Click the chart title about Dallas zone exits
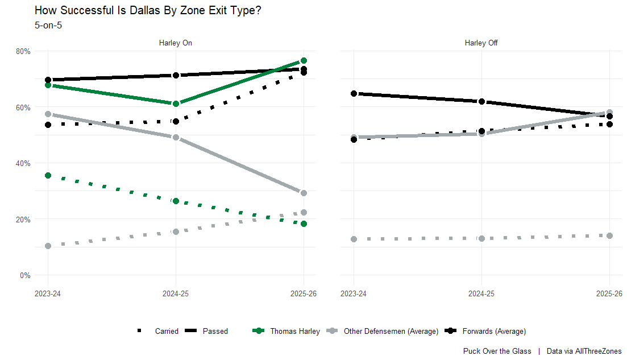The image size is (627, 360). point(148,10)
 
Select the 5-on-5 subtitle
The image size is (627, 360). point(48,25)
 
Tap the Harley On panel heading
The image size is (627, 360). point(175,43)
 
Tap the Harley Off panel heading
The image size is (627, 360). point(481,43)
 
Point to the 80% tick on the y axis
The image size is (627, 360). point(23,51)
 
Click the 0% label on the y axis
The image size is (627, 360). point(25,275)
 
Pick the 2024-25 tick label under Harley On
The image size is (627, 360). point(176,294)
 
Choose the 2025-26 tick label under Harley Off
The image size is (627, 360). point(609,294)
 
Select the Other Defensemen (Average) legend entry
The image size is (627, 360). point(391,331)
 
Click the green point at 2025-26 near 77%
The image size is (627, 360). point(304,61)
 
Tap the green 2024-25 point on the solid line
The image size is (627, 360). point(176,104)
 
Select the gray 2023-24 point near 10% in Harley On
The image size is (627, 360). point(48,246)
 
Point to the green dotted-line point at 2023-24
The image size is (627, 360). point(48,176)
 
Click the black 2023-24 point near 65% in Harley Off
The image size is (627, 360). point(354,93)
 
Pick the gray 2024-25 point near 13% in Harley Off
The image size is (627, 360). point(482,238)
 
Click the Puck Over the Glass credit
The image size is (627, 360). point(497,351)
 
